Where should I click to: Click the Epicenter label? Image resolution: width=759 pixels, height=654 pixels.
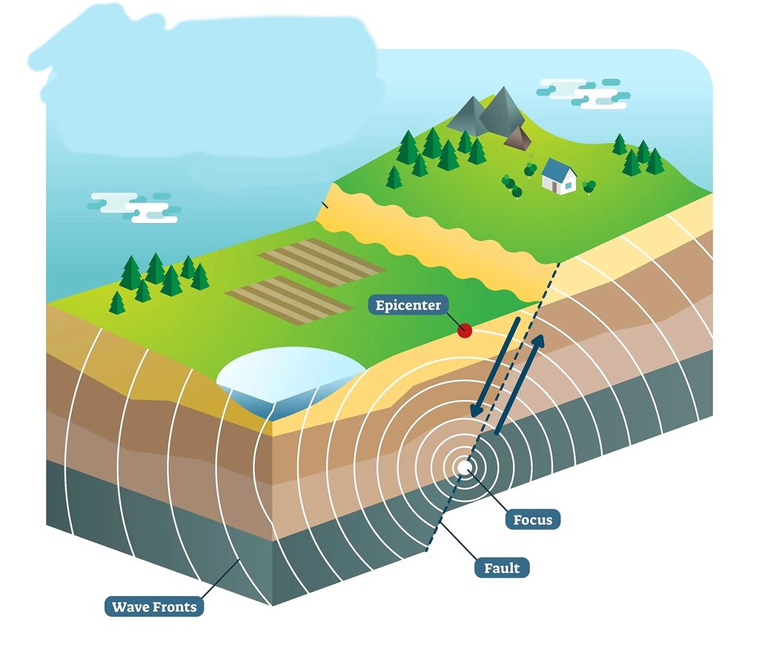(408, 305)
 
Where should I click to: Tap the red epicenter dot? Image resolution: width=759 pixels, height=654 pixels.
(465, 331)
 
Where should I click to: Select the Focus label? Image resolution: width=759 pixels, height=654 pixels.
(532, 519)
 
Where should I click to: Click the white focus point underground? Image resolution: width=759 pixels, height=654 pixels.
(465, 467)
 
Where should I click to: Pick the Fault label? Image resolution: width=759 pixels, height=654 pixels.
(502, 568)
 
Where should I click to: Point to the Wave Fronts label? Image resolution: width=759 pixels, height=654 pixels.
(154, 607)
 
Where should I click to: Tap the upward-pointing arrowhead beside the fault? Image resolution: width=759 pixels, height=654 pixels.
(538, 340)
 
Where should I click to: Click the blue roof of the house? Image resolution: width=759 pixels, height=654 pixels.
(557, 168)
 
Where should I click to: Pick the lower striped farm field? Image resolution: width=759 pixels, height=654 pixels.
(288, 300)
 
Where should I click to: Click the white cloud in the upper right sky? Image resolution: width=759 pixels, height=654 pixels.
(583, 93)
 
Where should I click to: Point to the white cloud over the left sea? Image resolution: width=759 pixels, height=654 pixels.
(135, 207)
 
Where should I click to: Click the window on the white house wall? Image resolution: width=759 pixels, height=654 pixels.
(569, 185)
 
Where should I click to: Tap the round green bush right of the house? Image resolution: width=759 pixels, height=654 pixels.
(589, 185)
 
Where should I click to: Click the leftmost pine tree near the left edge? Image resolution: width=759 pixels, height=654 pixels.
(117, 302)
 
